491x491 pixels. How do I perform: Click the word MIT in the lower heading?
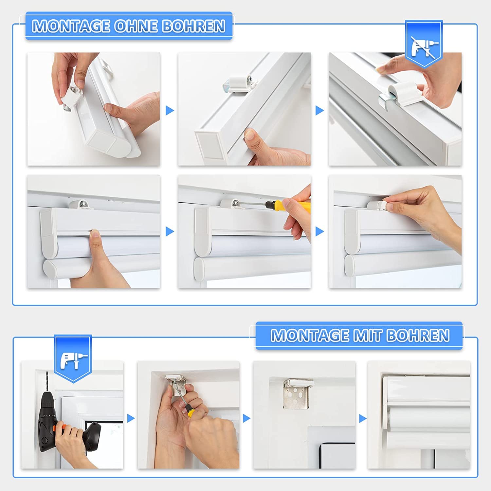click(367, 336)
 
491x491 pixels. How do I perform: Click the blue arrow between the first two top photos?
click(170, 110)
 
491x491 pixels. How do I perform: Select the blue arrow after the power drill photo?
click(131, 418)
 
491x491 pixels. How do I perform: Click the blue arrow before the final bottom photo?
click(363, 418)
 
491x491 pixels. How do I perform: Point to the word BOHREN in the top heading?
click(194, 26)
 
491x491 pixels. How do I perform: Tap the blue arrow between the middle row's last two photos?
click(320, 231)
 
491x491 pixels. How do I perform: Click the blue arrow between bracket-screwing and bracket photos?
click(247, 418)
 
